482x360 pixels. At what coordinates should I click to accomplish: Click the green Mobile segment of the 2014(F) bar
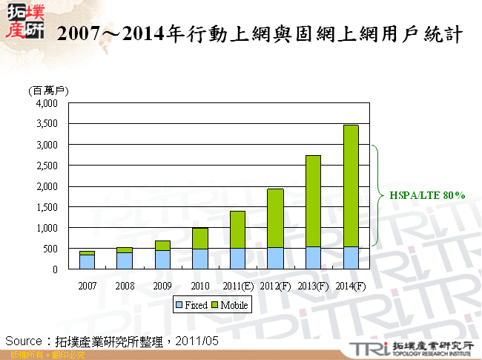[351, 186]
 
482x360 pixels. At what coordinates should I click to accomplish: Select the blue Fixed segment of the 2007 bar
[87, 261]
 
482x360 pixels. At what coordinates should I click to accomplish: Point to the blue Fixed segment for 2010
[200, 259]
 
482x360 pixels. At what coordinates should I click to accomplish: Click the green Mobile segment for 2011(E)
[237, 229]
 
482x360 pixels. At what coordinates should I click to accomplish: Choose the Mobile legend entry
[232, 305]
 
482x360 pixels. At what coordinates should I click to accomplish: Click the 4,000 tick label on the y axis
[46, 103]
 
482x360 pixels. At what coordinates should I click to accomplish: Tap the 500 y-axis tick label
[50, 249]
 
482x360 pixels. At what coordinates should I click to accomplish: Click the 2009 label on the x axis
[162, 285]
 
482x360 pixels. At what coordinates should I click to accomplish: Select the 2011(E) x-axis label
[237, 285]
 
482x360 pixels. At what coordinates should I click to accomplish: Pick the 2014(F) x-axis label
[351, 285]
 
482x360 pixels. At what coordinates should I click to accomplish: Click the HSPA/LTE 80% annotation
[427, 196]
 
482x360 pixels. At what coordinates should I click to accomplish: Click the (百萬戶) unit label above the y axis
[48, 90]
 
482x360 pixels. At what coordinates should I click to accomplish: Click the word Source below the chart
[23, 340]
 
